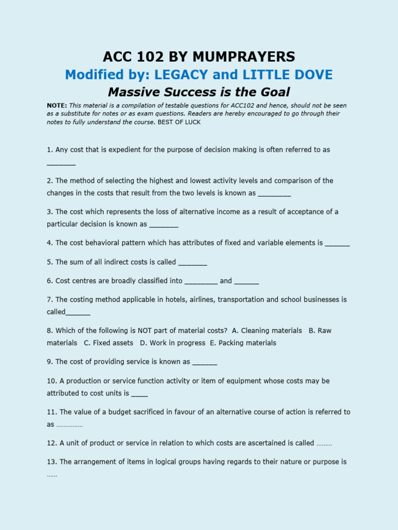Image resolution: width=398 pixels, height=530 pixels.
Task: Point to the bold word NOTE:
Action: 56,105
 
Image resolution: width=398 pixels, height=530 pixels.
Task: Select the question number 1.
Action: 49,150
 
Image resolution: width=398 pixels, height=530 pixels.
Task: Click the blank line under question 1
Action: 61,164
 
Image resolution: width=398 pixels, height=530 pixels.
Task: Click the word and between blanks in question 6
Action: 226,281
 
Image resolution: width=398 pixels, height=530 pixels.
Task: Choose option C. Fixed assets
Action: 108,343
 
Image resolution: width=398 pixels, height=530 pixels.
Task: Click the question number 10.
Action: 51,381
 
